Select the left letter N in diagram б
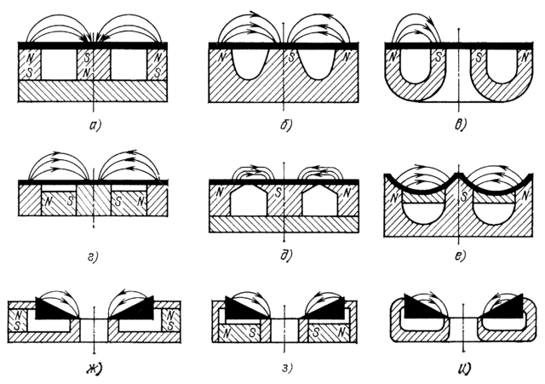221,59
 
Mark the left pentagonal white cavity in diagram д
250,202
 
